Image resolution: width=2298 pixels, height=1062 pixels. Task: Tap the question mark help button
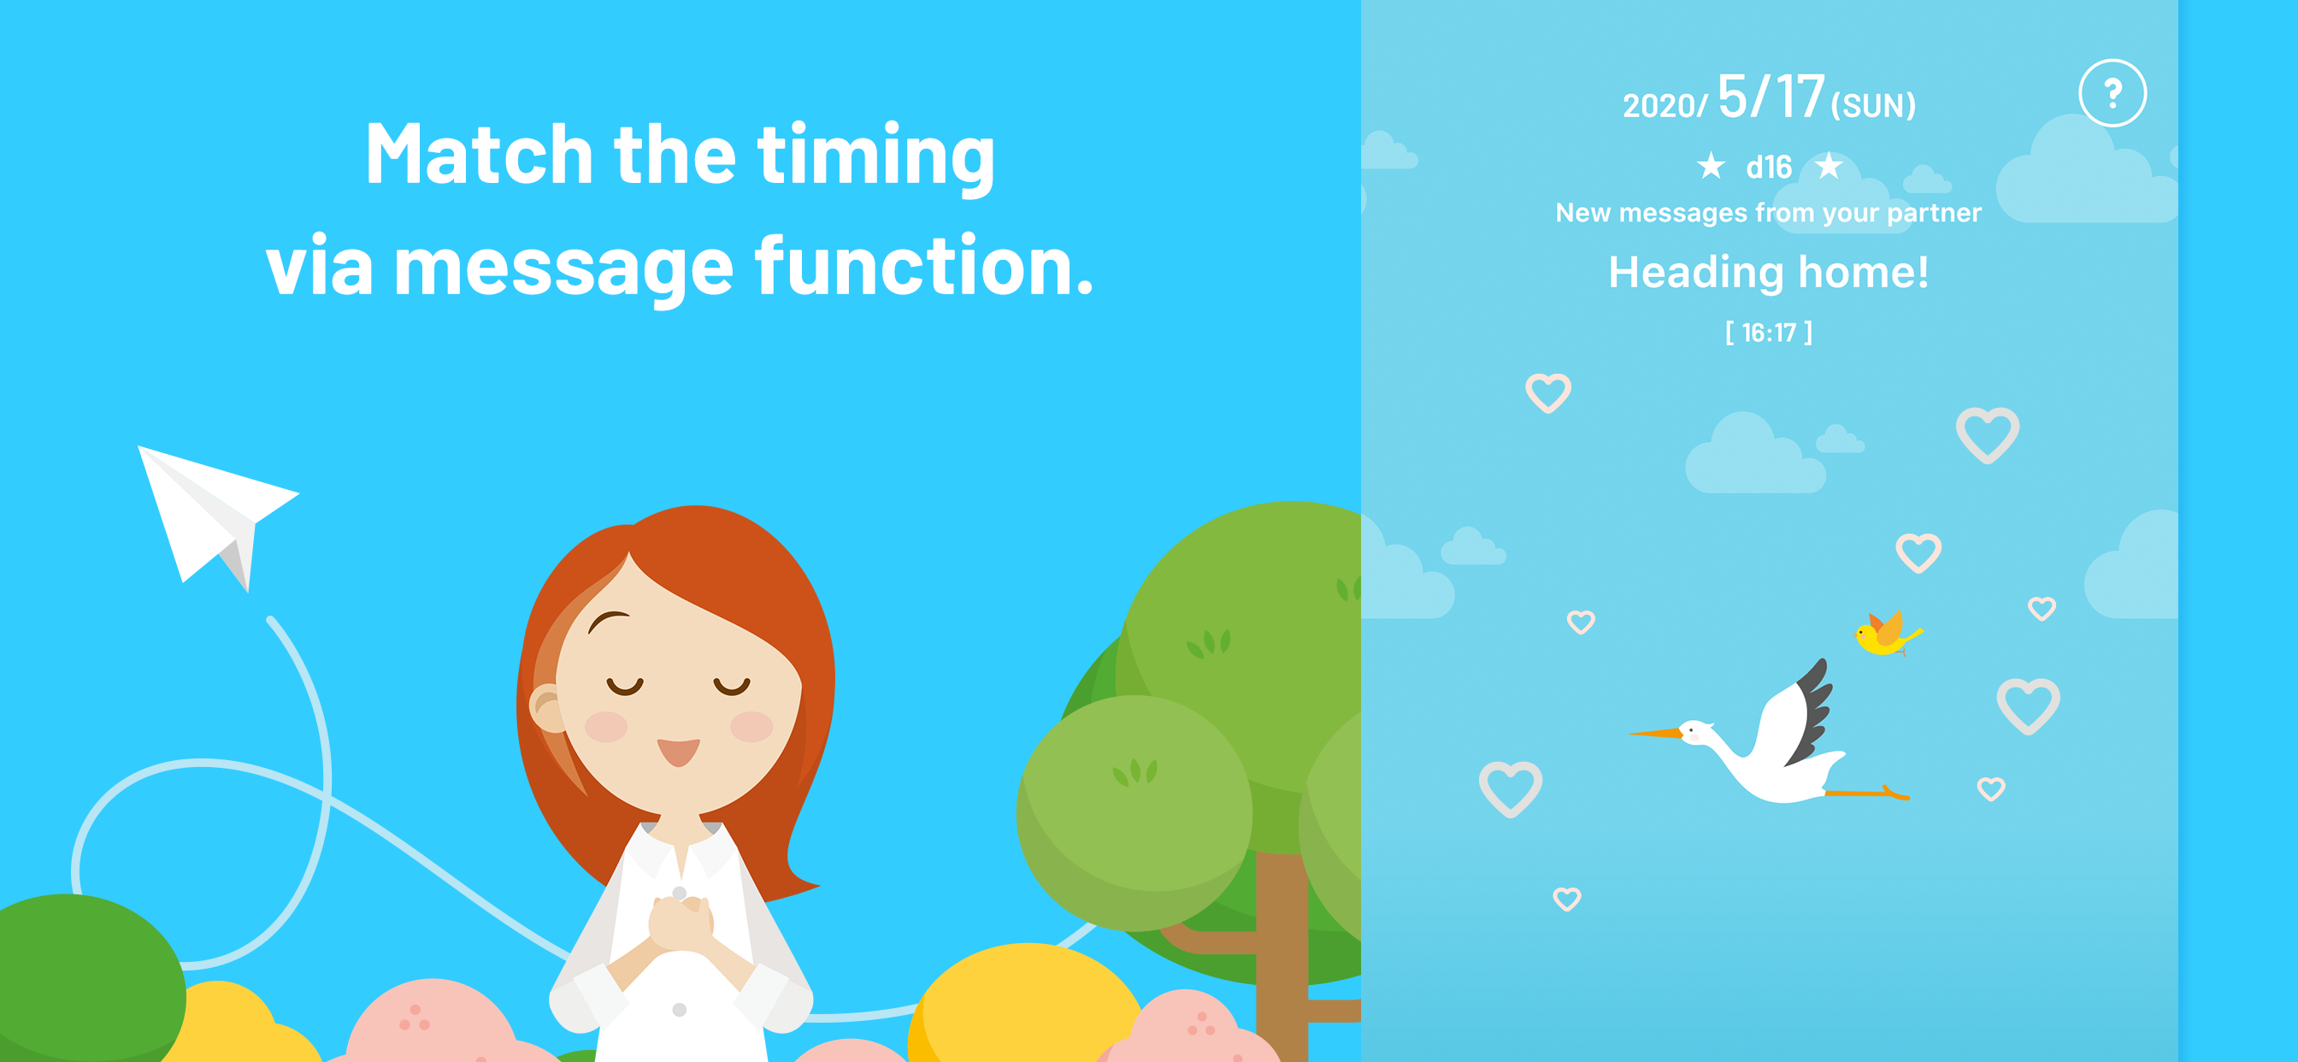(x=2112, y=94)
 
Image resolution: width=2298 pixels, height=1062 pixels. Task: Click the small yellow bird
(x=1886, y=634)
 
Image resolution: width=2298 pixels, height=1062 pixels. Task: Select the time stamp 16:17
(x=1769, y=333)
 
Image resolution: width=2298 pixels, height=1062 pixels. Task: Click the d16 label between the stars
(x=1769, y=167)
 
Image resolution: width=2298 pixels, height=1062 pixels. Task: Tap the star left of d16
(x=1711, y=165)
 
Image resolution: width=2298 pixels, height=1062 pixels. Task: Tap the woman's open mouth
(x=679, y=752)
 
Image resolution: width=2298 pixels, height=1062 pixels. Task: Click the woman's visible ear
(x=546, y=710)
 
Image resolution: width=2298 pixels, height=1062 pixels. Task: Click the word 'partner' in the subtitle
(x=1934, y=213)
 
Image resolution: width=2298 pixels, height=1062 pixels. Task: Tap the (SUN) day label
(x=1873, y=106)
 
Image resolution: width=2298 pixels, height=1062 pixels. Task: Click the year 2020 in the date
(x=1659, y=106)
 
